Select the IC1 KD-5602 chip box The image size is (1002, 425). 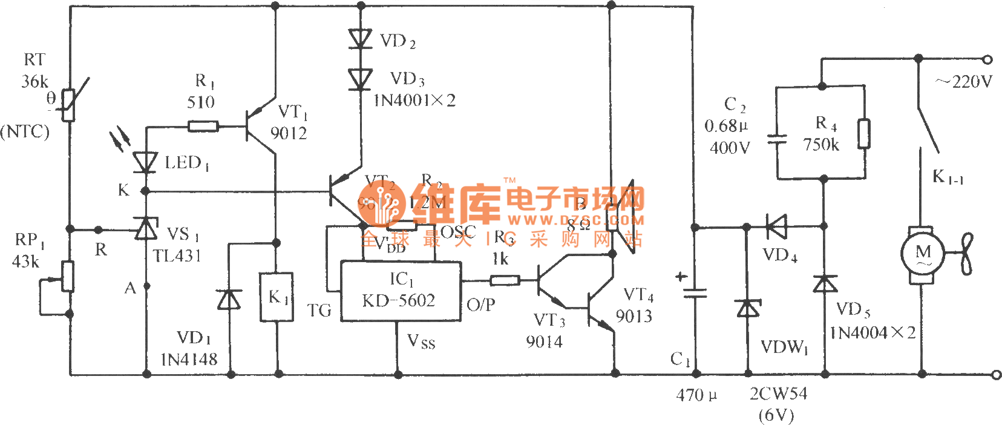coord(401,291)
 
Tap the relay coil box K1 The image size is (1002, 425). coord(277,297)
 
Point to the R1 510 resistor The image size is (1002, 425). coord(203,127)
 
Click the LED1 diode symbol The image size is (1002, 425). coord(145,162)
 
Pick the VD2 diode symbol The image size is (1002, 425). coord(361,39)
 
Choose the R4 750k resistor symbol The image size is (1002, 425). coord(864,134)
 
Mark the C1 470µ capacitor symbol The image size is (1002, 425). coord(695,292)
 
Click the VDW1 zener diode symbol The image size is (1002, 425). coord(748,308)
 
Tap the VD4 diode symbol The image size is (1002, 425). coord(776,227)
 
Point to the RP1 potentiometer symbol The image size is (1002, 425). coord(68,277)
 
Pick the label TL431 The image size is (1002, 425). coord(177,256)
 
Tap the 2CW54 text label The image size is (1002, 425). coord(778,394)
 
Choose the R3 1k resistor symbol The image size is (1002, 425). coord(504,280)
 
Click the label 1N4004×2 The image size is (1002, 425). coord(872,333)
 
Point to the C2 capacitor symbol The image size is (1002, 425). coord(776,140)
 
